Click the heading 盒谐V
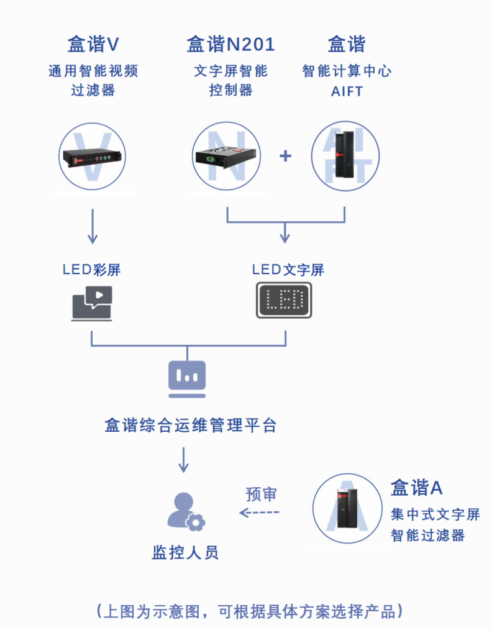(x=93, y=44)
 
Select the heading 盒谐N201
(x=230, y=44)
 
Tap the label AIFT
(x=347, y=92)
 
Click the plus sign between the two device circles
(x=285, y=155)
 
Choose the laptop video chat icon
(x=93, y=303)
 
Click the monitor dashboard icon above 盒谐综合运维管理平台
(x=186, y=378)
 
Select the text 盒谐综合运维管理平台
(x=191, y=426)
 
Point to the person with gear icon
(x=186, y=511)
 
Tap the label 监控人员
(x=185, y=552)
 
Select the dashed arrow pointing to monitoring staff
(x=260, y=513)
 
